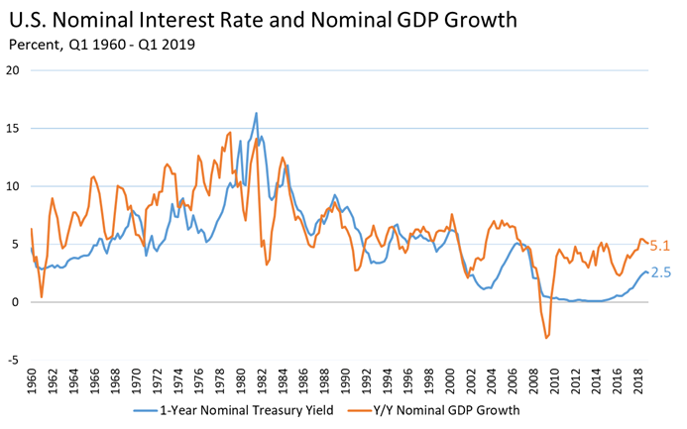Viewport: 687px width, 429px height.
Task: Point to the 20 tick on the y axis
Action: (x=13, y=70)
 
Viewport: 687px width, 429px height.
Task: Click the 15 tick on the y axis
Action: (x=13, y=128)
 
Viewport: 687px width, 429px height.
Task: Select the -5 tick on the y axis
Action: (x=15, y=360)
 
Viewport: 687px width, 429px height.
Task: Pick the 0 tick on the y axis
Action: (x=17, y=302)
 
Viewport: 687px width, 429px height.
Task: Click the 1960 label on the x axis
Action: (x=33, y=378)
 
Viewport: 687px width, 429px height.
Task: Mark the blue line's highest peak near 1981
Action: (x=256, y=113)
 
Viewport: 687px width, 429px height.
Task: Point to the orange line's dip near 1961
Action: (x=42, y=296)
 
